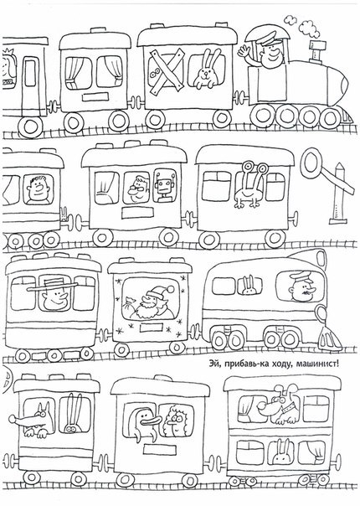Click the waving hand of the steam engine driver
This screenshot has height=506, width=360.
(x=244, y=51)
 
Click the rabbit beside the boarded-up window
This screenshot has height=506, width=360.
(x=205, y=70)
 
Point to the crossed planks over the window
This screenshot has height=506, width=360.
(x=166, y=72)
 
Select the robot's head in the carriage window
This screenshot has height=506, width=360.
(x=164, y=185)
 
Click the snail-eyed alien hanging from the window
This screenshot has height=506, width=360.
(x=249, y=185)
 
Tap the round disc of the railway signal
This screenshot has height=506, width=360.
(x=312, y=163)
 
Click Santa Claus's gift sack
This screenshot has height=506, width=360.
(x=130, y=305)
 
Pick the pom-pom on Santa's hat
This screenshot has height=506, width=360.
(x=170, y=290)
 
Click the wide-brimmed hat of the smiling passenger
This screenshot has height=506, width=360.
(x=52, y=285)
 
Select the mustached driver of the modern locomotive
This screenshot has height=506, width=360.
(x=301, y=286)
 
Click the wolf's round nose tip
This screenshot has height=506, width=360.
(x=13, y=419)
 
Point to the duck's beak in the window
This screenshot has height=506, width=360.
(x=152, y=421)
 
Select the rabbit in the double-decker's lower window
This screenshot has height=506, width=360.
(x=281, y=452)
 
